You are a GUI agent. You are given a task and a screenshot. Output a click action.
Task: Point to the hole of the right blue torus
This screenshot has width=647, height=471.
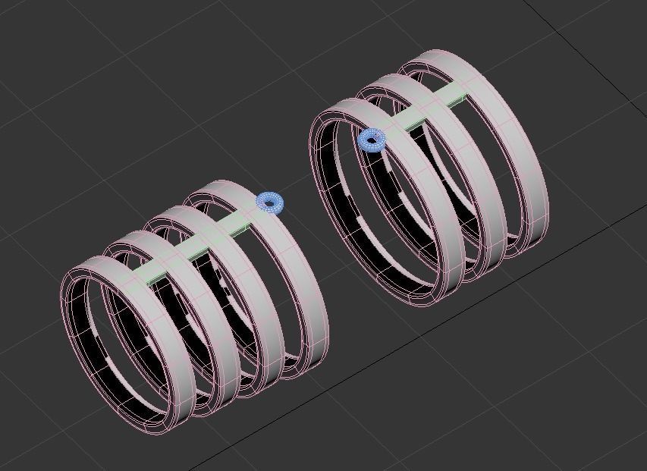372,140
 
